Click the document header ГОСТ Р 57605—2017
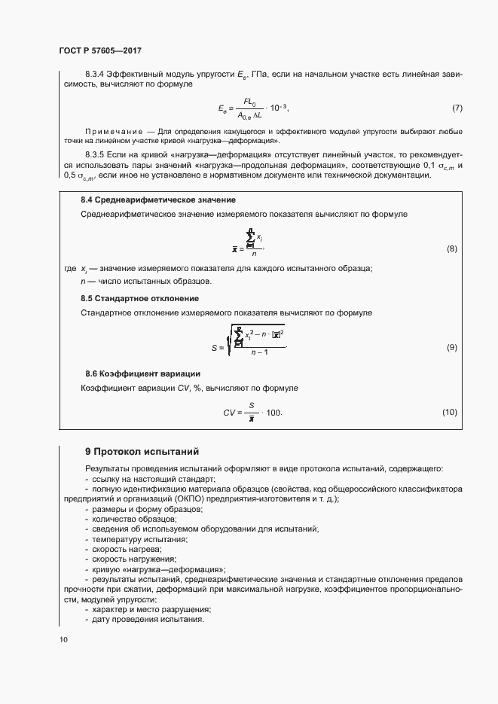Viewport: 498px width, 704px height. pyautogui.click(x=99, y=51)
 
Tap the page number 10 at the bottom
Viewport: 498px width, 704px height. pyautogui.click(x=63, y=640)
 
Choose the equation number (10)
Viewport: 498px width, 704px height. pyautogui.click(x=450, y=413)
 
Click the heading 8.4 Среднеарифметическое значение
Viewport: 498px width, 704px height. pyautogui.click(x=158, y=200)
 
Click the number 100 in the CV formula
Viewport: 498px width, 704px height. pyautogui.click(x=273, y=413)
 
